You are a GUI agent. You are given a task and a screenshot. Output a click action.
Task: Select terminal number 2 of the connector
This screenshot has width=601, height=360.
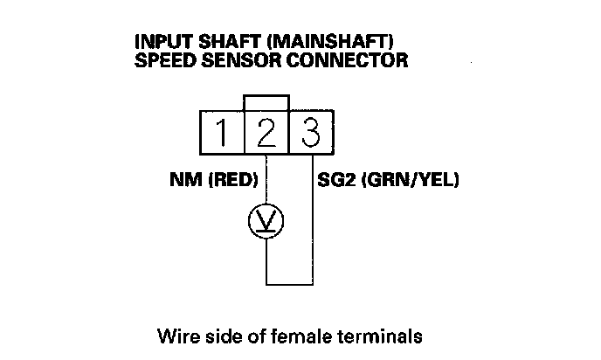266,133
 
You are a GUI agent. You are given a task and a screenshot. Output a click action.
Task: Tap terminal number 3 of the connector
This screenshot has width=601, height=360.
312,133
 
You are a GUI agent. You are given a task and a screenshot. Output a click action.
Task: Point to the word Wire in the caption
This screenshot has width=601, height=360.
175,335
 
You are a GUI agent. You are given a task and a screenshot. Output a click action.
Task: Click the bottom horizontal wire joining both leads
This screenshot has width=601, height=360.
289,283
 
